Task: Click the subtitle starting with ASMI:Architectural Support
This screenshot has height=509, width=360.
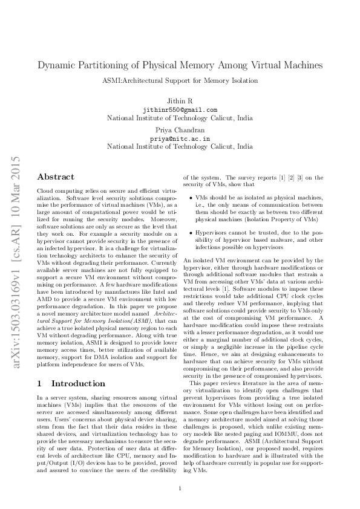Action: pyautogui.click(x=180, y=80)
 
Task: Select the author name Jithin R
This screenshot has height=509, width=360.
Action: pyautogui.click(x=180, y=100)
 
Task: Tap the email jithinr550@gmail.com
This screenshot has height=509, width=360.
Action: pyautogui.click(x=180, y=109)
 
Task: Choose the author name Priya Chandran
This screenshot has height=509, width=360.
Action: pyautogui.click(x=180, y=129)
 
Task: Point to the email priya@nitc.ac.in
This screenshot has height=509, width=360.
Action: pyautogui.click(x=180, y=138)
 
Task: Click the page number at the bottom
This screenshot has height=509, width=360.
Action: pyautogui.click(x=180, y=488)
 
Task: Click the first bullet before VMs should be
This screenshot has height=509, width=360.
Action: pyautogui.click(x=192, y=197)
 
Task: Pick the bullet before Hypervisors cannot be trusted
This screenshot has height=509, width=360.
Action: pyautogui.click(x=192, y=233)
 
